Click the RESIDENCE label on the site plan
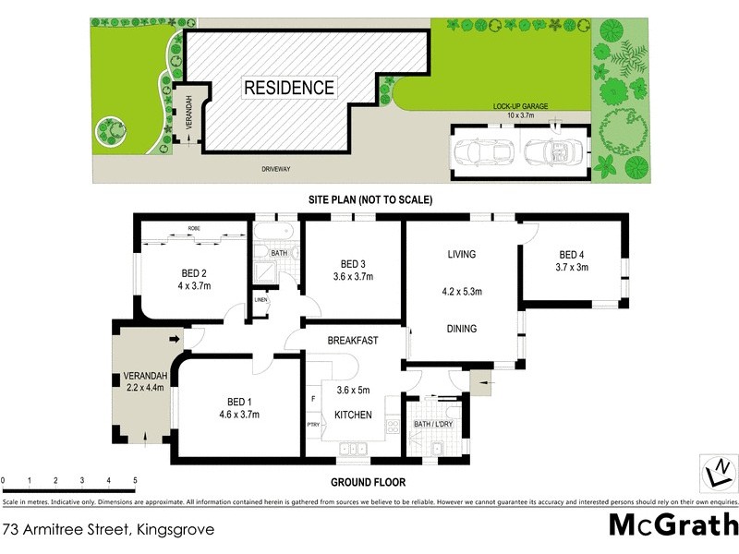pyautogui.click(x=288, y=89)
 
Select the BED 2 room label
pyautogui.click(x=194, y=272)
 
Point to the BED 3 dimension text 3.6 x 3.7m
pyautogui.click(x=353, y=275)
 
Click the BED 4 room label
pyautogui.click(x=572, y=255)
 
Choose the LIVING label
pyautogui.click(x=462, y=255)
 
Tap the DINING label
pyautogui.click(x=462, y=329)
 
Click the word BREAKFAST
pyautogui.click(x=353, y=341)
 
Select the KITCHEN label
pyautogui.click(x=353, y=415)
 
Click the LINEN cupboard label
pyautogui.click(x=261, y=299)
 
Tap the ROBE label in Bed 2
pyautogui.click(x=194, y=228)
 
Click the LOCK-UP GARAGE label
pyautogui.click(x=520, y=106)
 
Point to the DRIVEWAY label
pyautogui.click(x=274, y=169)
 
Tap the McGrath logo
pyautogui.click(x=672, y=525)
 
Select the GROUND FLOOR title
pyautogui.click(x=369, y=482)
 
